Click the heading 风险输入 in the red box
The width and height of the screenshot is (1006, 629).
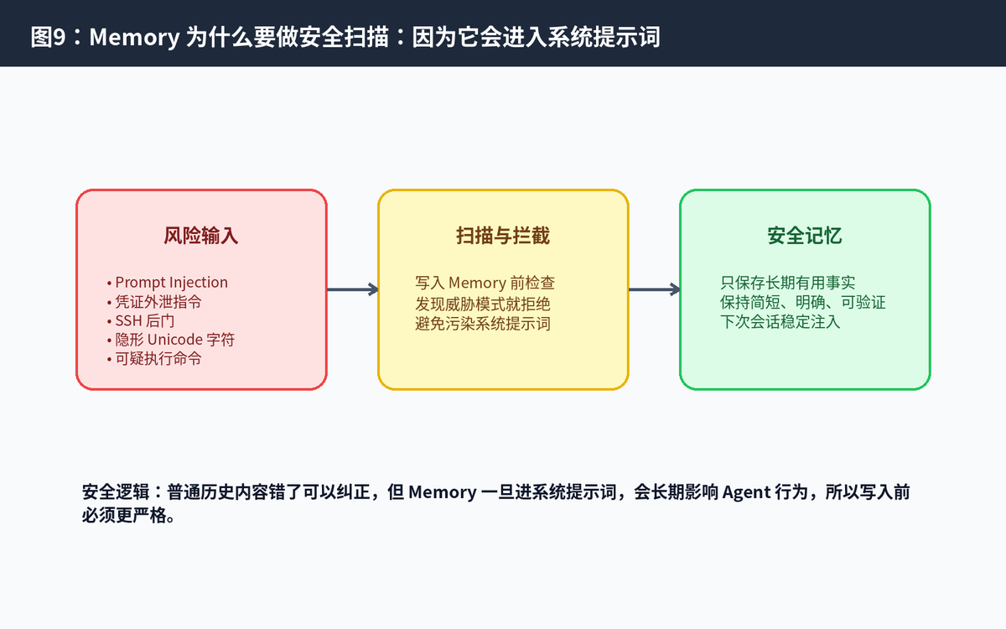[x=200, y=236]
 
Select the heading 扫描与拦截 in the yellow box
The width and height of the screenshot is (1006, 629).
[x=503, y=236]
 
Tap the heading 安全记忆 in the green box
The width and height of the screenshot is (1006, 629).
[x=805, y=236]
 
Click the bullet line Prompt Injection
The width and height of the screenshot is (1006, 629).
[x=168, y=283]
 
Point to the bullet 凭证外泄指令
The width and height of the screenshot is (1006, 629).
[x=154, y=302]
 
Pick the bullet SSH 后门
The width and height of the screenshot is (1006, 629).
[x=141, y=320]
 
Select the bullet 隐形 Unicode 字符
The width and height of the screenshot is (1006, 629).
[x=171, y=340]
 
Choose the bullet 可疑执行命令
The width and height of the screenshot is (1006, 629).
[x=154, y=359]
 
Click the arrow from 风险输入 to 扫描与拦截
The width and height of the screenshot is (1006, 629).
[x=353, y=289]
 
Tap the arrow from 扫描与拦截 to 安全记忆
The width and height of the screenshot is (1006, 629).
[x=655, y=289]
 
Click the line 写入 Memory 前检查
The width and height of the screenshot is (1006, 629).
[x=485, y=283]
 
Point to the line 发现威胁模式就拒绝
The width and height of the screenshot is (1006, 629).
[x=483, y=304]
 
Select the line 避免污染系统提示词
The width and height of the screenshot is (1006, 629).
[x=483, y=324]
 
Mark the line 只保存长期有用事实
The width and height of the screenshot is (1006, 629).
[x=788, y=283]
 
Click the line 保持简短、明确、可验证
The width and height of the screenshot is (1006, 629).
[x=803, y=303]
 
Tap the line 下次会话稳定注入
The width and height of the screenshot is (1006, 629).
[x=780, y=322]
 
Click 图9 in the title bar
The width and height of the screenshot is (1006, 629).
[x=48, y=37]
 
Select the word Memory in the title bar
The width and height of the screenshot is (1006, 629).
[x=134, y=37]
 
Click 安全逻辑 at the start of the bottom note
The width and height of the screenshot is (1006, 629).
[x=116, y=492]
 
